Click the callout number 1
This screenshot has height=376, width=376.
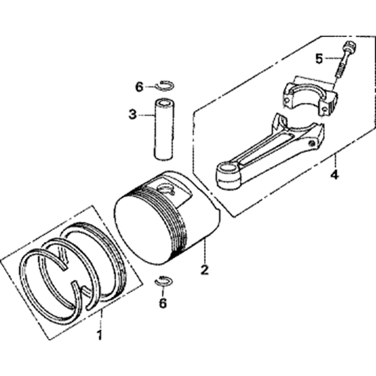coord(99,335)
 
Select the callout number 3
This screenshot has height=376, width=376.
coord(133,114)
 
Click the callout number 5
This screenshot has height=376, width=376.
coord(319,59)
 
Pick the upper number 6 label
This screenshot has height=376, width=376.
coord(139,87)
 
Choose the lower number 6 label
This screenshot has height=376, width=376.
coord(163,303)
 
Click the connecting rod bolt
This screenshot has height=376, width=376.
coord(346,60)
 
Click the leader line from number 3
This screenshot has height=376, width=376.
coord(146,115)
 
